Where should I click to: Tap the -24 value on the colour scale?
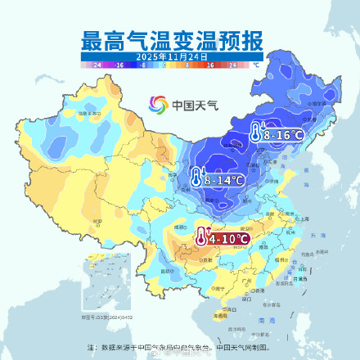pyautogui.click(x=98, y=64)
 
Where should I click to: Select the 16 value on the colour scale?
pyautogui.click(x=209, y=64)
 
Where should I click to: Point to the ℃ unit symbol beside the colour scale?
pyautogui.click(x=256, y=64)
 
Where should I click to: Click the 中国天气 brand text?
pyautogui.click(x=194, y=105)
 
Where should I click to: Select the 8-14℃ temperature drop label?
pyautogui.click(x=224, y=179)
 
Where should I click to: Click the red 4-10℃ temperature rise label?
pyautogui.click(x=228, y=238)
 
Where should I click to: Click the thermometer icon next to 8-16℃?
pyautogui.click(x=256, y=133)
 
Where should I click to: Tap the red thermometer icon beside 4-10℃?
pyautogui.click(x=201, y=237)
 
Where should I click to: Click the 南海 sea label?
pyautogui.click(x=263, y=322)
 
